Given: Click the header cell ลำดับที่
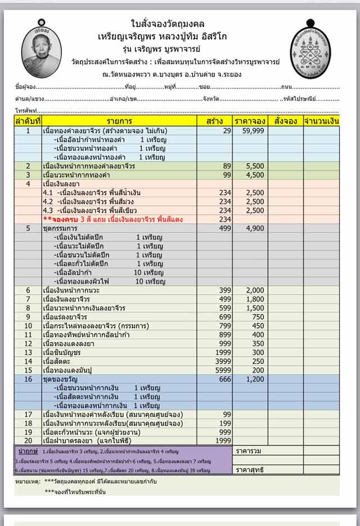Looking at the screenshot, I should (x=28, y=121).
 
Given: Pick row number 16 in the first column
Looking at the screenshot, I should (x=28, y=380).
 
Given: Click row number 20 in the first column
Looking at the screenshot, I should (x=28, y=442).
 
